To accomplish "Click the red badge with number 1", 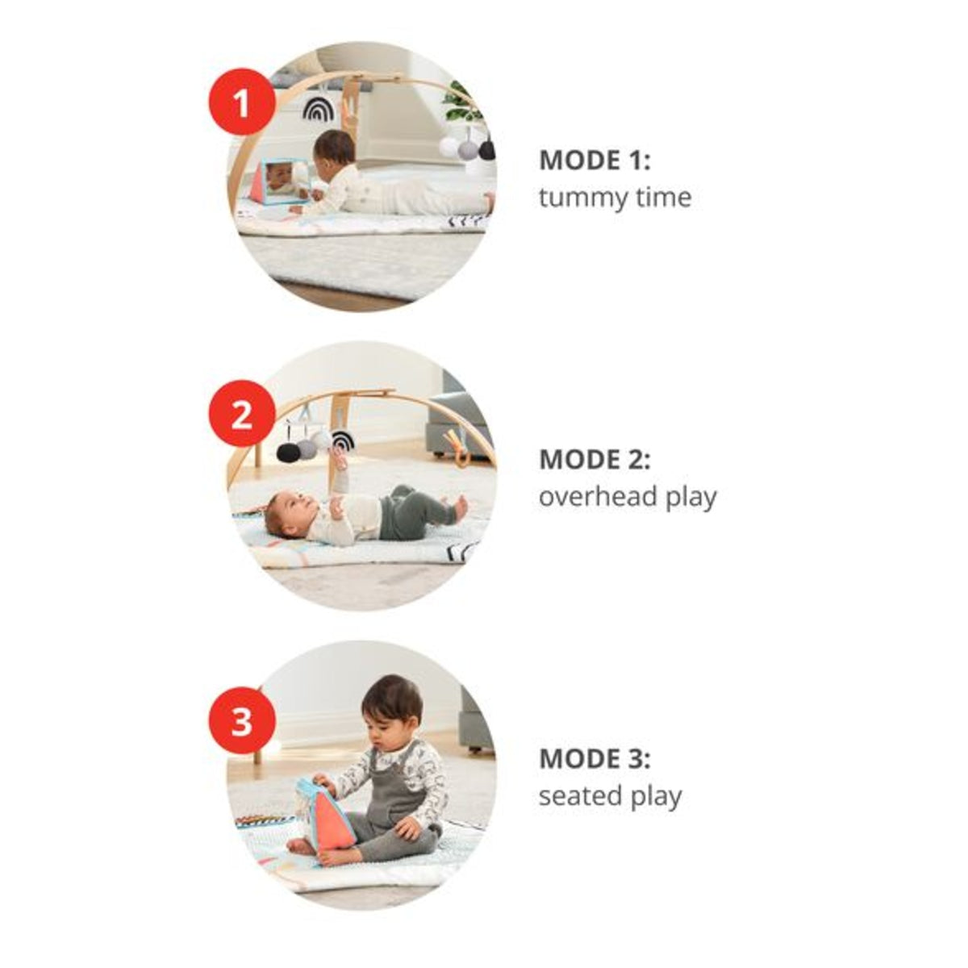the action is (x=242, y=102).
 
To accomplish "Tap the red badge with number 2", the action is (x=242, y=414).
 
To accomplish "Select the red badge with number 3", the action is (x=242, y=720).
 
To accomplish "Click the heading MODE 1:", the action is (x=595, y=161).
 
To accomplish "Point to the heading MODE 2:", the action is (x=595, y=459).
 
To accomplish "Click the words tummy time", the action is (x=615, y=198).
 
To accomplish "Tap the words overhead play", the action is (x=628, y=497).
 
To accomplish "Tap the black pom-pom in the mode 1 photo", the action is (x=486, y=150).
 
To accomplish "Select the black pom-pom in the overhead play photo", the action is (x=287, y=452).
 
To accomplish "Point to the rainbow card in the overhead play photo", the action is (x=342, y=441).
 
